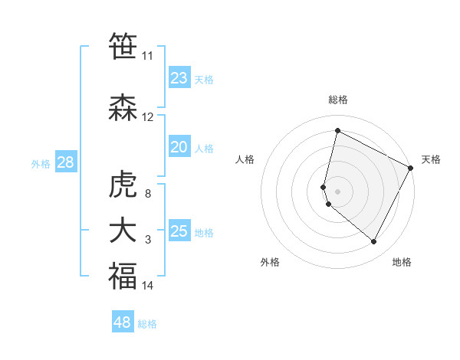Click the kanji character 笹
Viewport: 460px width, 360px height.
click(123, 46)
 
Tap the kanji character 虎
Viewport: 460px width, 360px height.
click(123, 185)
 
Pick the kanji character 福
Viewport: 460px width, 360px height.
click(123, 276)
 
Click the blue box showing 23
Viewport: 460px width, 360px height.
click(179, 77)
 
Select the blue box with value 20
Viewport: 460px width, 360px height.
click(179, 147)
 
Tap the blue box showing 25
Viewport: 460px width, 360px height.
click(179, 231)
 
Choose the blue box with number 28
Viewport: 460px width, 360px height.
click(65, 162)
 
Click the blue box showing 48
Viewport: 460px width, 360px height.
click(123, 322)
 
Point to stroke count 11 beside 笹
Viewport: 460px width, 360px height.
click(147, 56)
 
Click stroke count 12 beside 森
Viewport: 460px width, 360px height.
click(148, 117)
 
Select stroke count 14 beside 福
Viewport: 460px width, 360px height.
click(148, 286)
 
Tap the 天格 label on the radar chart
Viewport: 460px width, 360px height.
click(431, 159)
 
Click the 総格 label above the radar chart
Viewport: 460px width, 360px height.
click(338, 100)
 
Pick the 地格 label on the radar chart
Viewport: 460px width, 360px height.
click(402, 262)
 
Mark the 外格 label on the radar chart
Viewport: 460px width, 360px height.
click(270, 262)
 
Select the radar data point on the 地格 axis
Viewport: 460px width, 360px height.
click(374, 242)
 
